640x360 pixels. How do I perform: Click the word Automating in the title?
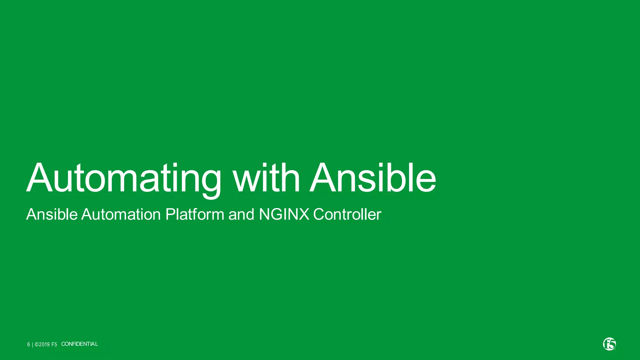(123, 178)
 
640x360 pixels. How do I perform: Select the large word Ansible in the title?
(372, 178)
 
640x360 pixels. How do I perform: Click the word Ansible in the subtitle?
(52, 214)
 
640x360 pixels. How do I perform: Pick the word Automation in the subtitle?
(121, 214)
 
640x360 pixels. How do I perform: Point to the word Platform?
(194, 214)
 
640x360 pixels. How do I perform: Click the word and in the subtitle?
(241, 214)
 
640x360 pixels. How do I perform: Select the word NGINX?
(284, 214)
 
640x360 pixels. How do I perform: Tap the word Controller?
(347, 214)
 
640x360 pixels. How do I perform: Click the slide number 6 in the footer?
(28, 344)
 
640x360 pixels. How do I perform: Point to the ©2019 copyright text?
(42, 344)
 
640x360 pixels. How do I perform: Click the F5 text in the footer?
(54, 344)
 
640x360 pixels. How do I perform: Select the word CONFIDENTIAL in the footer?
(79, 344)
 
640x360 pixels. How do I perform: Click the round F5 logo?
(609, 344)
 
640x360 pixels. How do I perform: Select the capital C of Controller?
(319, 214)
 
